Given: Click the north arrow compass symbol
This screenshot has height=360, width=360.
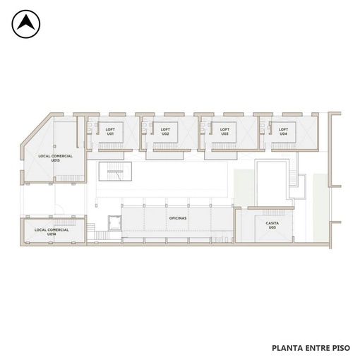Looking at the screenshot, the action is click(x=26, y=24).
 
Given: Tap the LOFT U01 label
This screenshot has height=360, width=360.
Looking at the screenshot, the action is click(x=110, y=131).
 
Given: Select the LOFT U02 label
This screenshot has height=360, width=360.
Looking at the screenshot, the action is click(x=165, y=131).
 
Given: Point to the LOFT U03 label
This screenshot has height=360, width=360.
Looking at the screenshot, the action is click(x=224, y=131).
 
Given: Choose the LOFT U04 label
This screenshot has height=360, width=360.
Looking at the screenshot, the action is click(x=283, y=131).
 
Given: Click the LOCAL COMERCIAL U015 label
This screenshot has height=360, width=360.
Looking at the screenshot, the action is click(x=55, y=158).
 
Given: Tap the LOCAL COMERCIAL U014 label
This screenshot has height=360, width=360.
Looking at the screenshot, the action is click(x=52, y=232).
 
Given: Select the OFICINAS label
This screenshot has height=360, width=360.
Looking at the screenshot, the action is click(x=178, y=218).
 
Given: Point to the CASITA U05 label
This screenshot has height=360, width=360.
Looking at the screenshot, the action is click(x=272, y=225).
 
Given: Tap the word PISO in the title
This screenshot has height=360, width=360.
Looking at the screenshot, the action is click(x=341, y=348).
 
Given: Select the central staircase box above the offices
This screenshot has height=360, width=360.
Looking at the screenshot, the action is click(x=115, y=172).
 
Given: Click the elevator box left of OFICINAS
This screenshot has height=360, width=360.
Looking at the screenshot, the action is click(x=114, y=223).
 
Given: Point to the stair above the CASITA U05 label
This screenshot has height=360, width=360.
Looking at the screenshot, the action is click(x=274, y=212).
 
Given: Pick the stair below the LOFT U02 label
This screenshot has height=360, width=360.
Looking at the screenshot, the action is click(x=165, y=146).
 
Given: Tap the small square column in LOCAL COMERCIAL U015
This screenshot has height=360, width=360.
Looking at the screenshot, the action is click(x=54, y=146).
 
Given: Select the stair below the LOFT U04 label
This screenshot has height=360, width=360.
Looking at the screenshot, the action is click(x=283, y=146).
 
